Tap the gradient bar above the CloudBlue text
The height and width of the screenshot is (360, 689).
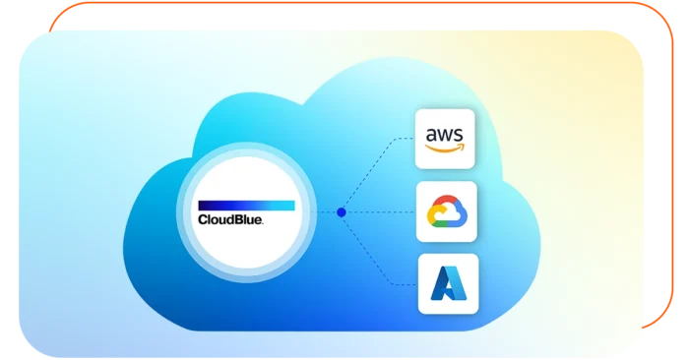(246, 205)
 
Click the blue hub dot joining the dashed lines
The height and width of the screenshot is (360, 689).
(342, 211)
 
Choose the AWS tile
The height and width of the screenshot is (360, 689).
(446, 138)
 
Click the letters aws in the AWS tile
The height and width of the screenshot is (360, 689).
(446, 133)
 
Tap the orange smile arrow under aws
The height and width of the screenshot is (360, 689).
(446, 150)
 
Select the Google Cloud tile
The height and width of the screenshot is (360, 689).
(447, 211)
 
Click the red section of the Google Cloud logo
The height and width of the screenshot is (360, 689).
(446, 203)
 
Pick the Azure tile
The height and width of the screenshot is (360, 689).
(448, 283)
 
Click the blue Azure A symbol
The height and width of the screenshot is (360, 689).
(448, 283)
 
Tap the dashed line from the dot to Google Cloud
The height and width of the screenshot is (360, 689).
(379, 211)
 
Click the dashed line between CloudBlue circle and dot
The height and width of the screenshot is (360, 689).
(325, 211)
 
